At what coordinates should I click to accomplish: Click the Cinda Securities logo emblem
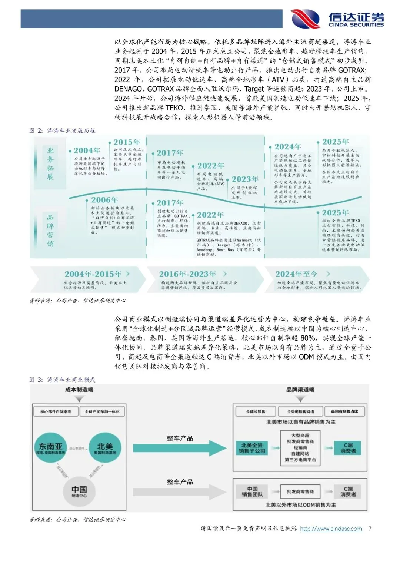(x=306, y=19)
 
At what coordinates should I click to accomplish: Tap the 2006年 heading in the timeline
(x=104, y=200)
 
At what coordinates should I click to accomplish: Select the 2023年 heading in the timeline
(x=245, y=179)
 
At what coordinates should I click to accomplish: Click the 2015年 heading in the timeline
(x=127, y=142)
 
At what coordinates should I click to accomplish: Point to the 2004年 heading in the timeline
(x=87, y=150)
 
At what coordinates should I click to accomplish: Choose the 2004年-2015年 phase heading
(x=93, y=274)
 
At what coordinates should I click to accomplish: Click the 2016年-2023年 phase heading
(x=187, y=274)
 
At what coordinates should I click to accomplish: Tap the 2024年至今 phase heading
(x=296, y=274)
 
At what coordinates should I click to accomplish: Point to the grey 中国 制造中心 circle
(x=79, y=491)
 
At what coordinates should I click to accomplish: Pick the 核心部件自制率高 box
(x=56, y=411)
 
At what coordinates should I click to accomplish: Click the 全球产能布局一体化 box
(x=102, y=411)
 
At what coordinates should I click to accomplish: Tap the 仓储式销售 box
(x=256, y=411)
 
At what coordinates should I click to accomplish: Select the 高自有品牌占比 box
(x=344, y=411)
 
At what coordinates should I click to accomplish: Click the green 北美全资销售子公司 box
(x=252, y=448)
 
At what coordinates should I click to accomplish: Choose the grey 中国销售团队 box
(x=252, y=491)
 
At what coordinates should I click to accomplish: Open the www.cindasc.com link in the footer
(x=331, y=529)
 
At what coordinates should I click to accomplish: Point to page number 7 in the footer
(x=370, y=529)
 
